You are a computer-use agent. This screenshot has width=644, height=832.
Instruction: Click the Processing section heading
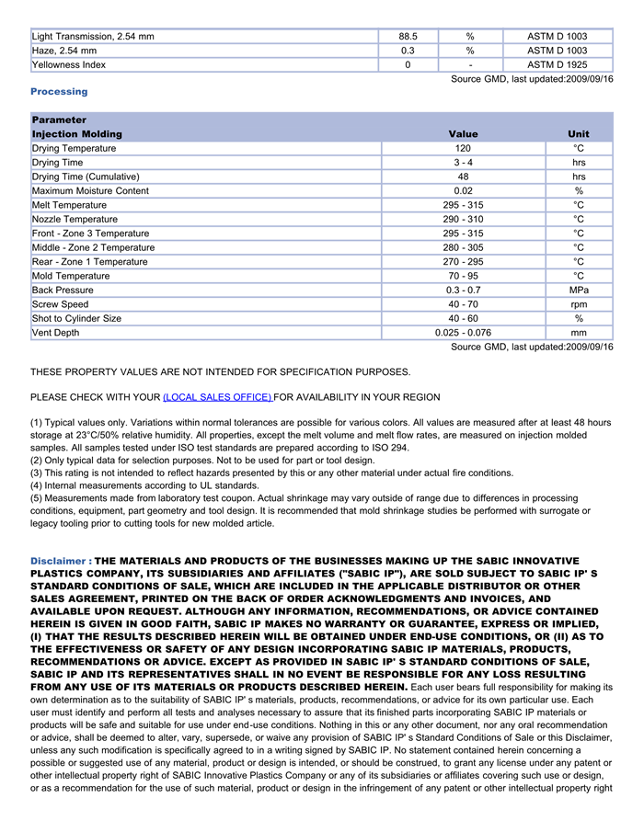click(59, 92)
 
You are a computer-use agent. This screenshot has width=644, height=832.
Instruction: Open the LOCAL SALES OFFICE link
click(217, 397)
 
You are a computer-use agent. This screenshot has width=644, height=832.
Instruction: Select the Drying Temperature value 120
click(463, 148)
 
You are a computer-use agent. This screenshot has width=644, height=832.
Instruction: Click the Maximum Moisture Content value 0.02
click(463, 191)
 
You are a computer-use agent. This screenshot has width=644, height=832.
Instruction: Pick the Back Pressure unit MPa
click(579, 291)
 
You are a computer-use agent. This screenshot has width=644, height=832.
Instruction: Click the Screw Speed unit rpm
click(579, 304)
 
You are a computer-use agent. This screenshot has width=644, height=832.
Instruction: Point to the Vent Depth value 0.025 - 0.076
click(463, 333)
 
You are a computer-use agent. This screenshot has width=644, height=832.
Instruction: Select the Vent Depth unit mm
click(579, 333)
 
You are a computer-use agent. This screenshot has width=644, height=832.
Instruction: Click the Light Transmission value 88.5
click(408, 37)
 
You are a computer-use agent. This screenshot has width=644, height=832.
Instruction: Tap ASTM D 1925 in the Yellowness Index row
click(557, 65)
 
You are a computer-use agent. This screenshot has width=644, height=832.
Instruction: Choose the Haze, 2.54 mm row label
click(64, 51)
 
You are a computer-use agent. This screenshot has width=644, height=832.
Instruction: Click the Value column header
click(463, 134)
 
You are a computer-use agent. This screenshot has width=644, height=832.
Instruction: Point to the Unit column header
click(579, 134)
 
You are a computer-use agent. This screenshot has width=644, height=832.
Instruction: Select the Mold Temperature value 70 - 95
click(463, 276)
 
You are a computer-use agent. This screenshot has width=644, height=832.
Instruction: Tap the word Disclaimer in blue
click(58, 561)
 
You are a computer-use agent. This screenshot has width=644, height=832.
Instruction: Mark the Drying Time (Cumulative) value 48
click(463, 177)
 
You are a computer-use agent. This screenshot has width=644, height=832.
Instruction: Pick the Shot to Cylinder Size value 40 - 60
click(463, 319)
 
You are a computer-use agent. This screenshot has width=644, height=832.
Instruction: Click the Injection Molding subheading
click(76, 134)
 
